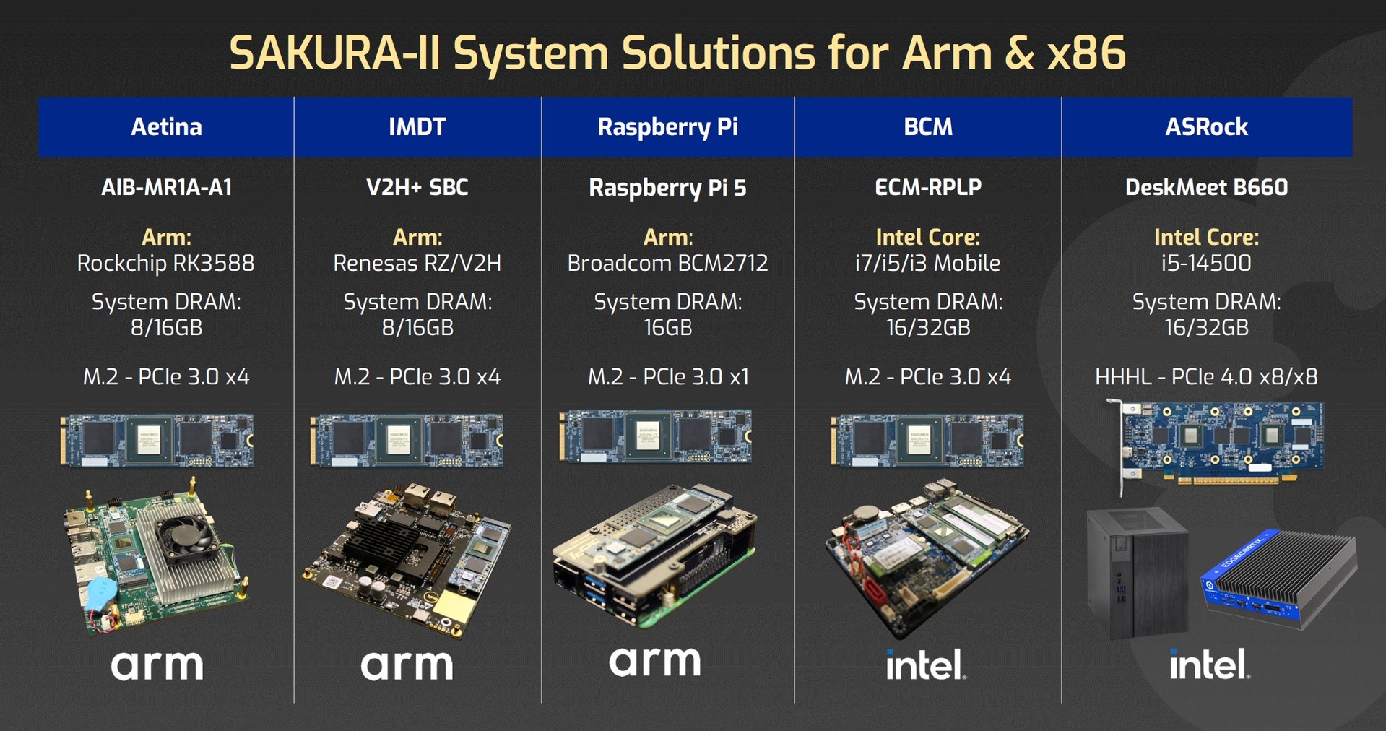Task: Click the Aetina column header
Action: (x=166, y=127)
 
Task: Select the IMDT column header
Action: (x=417, y=127)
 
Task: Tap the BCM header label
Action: (x=928, y=127)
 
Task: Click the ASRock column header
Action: (x=1206, y=127)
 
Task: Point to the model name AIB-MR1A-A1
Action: (x=166, y=188)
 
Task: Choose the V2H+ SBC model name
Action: (x=417, y=188)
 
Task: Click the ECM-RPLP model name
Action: (x=928, y=188)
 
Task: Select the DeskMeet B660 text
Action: (x=1206, y=188)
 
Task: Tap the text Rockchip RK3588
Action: (x=165, y=264)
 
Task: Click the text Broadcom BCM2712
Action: (x=667, y=264)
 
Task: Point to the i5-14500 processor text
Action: (x=1206, y=264)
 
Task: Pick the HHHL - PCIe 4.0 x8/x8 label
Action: (x=1206, y=377)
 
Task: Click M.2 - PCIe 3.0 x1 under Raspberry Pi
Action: (x=668, y=377)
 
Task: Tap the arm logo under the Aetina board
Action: (x=157, y=665)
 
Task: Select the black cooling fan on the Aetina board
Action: (x=191, y=537)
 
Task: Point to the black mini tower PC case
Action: (x=1137, y=573)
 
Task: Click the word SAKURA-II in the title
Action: (x=335, y=53)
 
